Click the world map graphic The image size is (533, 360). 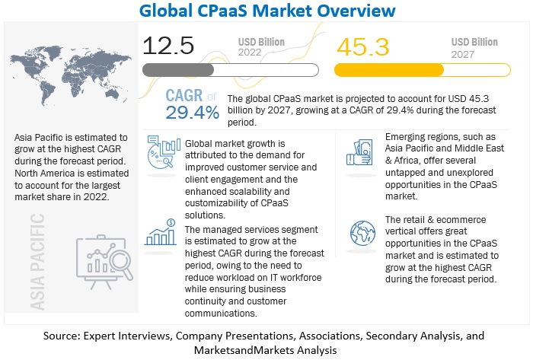73,76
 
